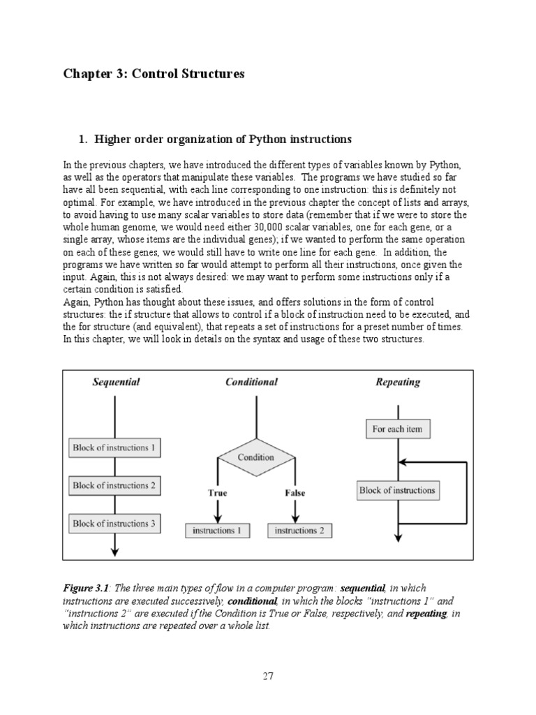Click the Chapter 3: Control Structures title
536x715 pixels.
click(x=154, y=74)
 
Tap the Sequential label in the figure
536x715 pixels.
click(x=117, y=382)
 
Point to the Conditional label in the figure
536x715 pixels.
click(x=251, y=382)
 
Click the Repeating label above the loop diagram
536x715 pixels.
click(x=398, y=382)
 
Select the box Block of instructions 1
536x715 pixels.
click(x=114, y=448)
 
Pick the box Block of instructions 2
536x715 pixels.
click(x=114, y=485)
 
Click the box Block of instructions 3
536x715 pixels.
click(x=114, y=523)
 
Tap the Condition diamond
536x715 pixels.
click(x=256, y=458)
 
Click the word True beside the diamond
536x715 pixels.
click(x=218, y=493)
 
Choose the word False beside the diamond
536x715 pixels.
click(x=295, y=493)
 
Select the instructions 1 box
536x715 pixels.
click(x=218, y=531)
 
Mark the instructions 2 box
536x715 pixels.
click(x=299, y=531)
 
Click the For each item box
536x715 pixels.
click(x=397, y=429)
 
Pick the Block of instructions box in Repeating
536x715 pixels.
click(x=397, y=490)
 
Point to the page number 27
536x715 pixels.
click(x=269, y=676)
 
